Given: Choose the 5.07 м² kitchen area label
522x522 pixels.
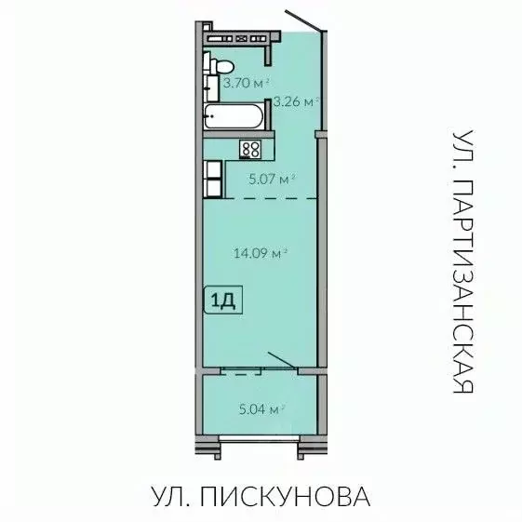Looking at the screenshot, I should pyautogui.click(x=272, y=176).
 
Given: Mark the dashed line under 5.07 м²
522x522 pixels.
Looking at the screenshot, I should pyautogui.click(x=270, y=197).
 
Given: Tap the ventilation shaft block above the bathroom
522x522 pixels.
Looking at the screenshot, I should pyautogui.click(x=240, y=38).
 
